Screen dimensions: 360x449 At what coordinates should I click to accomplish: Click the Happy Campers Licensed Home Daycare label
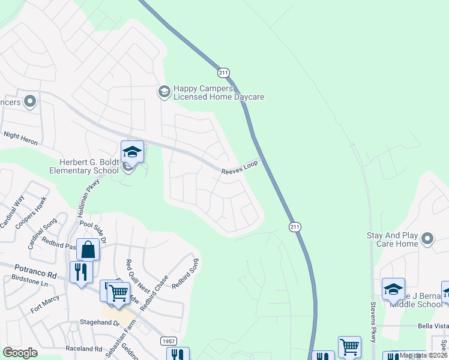pos(218,92)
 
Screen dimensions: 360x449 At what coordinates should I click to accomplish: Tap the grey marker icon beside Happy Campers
pos(163,91)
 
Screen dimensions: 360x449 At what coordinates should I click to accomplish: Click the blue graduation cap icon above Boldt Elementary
pos(132,152)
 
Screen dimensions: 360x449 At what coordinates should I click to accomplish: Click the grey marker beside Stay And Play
pos(427,239)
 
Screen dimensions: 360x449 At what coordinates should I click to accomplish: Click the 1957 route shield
pos(169,341)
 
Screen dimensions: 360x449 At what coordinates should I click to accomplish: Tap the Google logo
pos(20,353)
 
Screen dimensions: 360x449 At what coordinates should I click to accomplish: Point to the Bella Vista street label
pos(433,326)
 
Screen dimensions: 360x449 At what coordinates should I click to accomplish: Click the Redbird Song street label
pos(185,272)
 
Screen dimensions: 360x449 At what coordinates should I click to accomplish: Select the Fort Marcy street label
pos(44,304)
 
